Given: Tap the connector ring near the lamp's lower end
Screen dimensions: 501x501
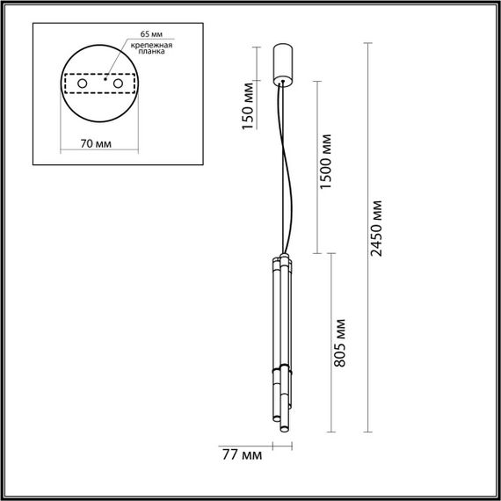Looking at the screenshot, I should point(280,375).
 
